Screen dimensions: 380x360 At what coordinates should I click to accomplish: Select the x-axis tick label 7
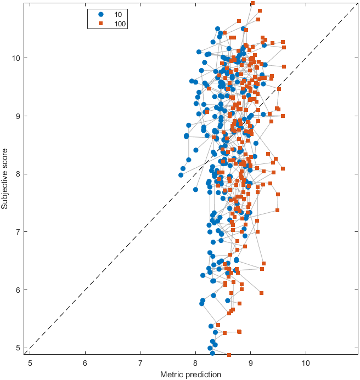(x=140, y=362)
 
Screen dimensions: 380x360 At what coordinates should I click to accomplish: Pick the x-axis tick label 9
(x=251, y=362)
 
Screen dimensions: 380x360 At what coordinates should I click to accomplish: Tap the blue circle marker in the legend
(x=100, y=14)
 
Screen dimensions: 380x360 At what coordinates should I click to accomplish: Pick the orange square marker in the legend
(x=100, y=24)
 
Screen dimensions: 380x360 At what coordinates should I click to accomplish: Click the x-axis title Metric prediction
(x=190, y=375)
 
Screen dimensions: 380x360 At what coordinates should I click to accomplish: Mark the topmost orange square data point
(x=252, y=3)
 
